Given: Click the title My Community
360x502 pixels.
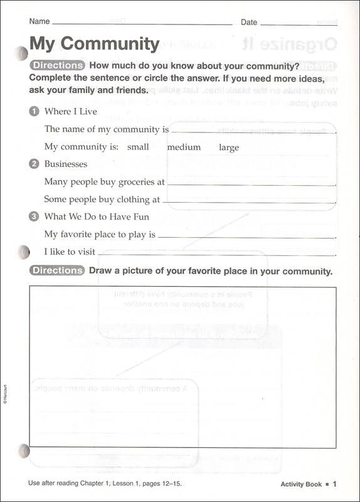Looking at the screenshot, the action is [x=94, y=44].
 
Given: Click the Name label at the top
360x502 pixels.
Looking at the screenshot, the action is [x=40, y=22].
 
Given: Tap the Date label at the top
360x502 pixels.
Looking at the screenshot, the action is [x=249, y=23].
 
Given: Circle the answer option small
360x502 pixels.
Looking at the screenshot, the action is [x=138, y=147].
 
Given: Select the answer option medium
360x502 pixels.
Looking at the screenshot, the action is [x=184, y=147].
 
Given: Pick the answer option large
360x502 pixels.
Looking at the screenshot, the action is [x=229, y=147].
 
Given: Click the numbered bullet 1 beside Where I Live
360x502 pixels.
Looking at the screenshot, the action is [x=34, y=112].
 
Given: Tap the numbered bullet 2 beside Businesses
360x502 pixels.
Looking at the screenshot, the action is [x=34, y=164].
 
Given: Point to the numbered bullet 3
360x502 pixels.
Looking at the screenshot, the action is [x=34, y=217].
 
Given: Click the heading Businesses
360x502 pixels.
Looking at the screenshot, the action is [x=66, y=164].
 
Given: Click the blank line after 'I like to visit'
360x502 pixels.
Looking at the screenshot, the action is [x=216, y=254].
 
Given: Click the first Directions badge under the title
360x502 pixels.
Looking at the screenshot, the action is [x=57, y=65].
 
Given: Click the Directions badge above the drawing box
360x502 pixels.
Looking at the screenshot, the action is [x=57, y=271].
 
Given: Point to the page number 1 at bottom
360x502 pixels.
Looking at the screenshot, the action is [x=335, y=484].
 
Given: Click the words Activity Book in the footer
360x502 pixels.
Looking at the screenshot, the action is [x=301, y=484].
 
